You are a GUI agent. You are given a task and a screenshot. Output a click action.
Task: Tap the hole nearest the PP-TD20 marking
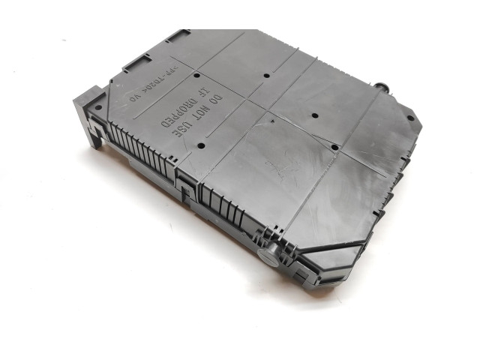click(x=196, y=76)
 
